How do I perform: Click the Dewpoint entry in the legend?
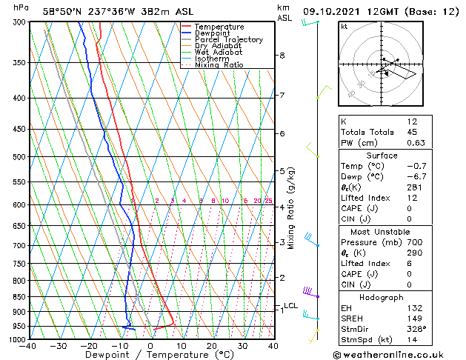[213, 33]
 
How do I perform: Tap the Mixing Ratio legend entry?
[219, 65]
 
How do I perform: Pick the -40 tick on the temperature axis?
[28, 346]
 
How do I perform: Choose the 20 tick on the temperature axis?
[212, 346]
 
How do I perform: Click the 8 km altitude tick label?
[282, 56]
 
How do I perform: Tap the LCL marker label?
[290, 306]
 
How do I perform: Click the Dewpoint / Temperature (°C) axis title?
[150, 355]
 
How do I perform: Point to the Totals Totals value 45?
[412, 133]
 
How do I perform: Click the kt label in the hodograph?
[344, 26]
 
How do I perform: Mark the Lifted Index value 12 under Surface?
[412, 198]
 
